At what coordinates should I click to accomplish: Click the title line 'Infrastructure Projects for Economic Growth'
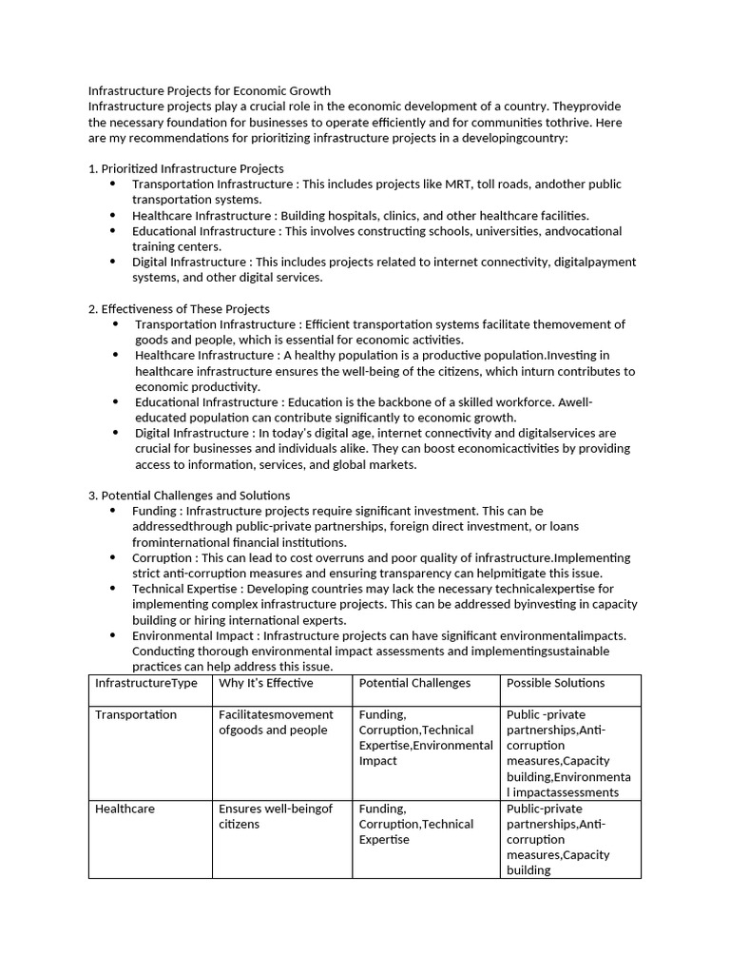click(209, 90)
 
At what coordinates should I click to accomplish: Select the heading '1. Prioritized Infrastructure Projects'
click(185, 168)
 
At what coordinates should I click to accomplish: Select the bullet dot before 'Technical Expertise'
click(112, 590)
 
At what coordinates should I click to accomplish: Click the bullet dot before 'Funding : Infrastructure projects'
click(112, 511)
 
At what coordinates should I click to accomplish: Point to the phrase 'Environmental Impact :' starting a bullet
click(195, 635)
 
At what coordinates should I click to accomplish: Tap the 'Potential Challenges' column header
click(414, 683)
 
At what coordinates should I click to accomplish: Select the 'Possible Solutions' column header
click(555, 683)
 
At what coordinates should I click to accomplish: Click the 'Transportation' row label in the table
click(136, 714)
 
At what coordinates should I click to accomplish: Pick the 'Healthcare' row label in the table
click(125, 808)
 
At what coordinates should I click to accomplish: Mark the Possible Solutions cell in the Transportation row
click(568, 752)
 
